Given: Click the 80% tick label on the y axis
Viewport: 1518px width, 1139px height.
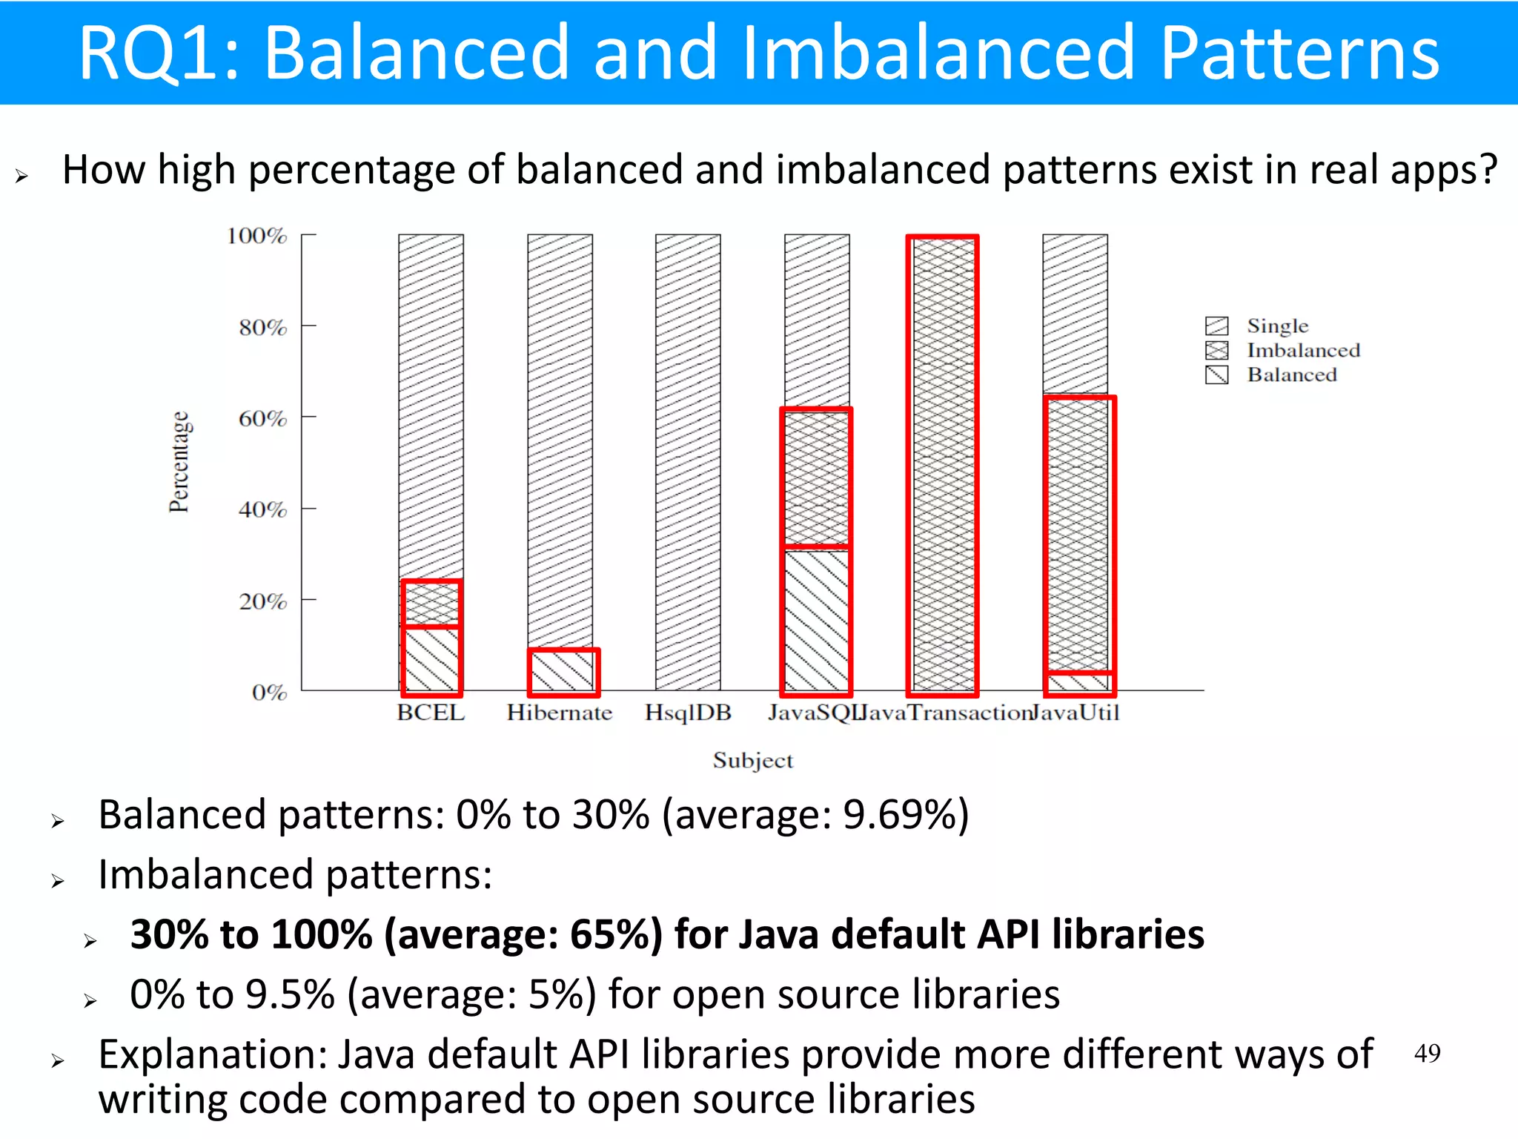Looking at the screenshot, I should point(262,327).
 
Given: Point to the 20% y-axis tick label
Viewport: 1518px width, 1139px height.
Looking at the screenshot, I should point(262,601).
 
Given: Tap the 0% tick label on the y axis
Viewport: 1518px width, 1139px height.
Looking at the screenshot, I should point(269,692).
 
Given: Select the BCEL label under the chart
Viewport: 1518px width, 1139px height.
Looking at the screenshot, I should point(431,713).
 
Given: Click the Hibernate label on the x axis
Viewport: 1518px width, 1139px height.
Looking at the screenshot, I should point(560,713).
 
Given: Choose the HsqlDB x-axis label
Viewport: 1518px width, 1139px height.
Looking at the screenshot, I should point(688,713).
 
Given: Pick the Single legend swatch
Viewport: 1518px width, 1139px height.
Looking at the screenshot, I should point(1216,326).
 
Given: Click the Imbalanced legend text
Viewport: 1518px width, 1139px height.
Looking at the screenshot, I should point(1303,350).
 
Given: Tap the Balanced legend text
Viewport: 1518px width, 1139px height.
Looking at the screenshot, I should point(1292,374).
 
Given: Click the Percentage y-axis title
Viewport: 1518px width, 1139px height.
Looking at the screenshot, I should point(179,462).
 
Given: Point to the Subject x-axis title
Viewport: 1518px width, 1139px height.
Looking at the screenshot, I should point(752,760).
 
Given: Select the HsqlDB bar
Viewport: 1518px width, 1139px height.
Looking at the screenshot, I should point(688,462).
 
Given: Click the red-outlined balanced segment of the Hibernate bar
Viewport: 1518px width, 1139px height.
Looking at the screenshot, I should point(563,672).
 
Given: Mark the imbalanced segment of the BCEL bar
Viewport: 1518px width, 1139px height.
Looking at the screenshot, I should point(431,604).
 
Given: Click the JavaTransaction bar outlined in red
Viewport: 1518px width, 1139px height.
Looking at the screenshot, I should point(942,466).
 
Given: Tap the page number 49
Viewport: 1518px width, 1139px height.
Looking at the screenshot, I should point(1427,1053).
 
